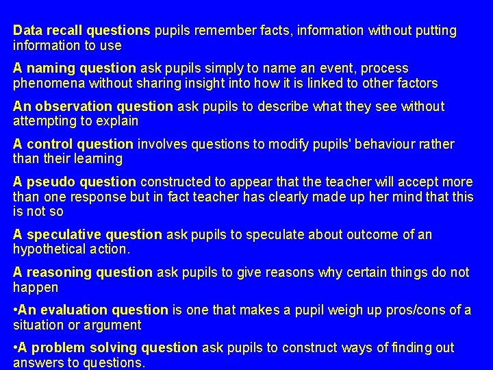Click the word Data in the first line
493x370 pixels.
27,31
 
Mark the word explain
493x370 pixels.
118,121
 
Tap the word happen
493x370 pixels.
35,288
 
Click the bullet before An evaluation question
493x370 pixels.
16,310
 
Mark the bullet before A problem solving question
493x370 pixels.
16,348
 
